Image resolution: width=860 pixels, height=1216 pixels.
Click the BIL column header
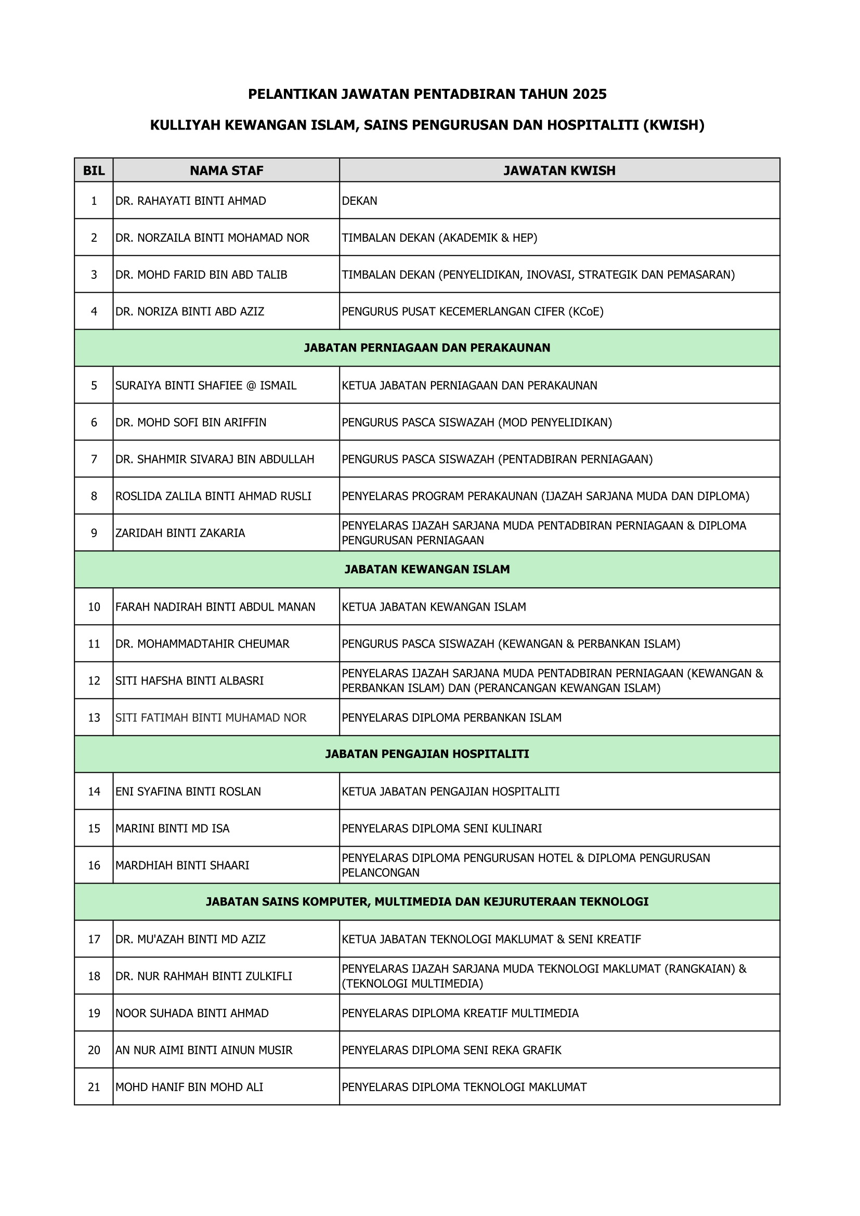click(94, 171)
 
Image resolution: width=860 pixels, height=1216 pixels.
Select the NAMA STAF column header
click(226, 171)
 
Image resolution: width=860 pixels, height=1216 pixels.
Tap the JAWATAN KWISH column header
click(559, 171)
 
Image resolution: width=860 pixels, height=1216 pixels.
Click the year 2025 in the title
click(589, 94)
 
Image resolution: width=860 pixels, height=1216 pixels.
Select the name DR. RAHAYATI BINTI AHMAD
click(191, 201)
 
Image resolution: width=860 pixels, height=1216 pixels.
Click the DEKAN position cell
click(360, 201)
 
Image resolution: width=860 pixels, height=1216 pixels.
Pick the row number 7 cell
click(94, 459)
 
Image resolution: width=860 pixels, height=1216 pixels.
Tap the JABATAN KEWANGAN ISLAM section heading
click(427, 570)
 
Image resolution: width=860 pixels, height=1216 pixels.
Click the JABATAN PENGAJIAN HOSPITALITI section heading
click(427, 754)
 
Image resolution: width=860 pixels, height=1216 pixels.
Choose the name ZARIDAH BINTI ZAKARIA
click(180, 533)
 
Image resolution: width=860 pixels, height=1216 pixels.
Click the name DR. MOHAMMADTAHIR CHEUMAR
click(202, 643)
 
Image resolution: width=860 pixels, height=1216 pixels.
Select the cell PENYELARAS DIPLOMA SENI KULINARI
click(441, 829)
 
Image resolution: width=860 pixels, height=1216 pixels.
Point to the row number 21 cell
click(94, 1087)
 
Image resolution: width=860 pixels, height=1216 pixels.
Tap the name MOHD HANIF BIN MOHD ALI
click(189, 1087)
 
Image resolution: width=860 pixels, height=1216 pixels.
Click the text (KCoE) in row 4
click(585, 312)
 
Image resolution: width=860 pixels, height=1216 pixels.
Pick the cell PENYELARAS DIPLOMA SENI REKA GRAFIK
click(451, 1050)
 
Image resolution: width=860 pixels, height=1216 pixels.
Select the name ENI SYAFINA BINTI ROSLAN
click(188, 791)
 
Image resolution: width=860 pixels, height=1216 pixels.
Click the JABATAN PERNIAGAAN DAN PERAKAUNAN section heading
click(427, 348)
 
